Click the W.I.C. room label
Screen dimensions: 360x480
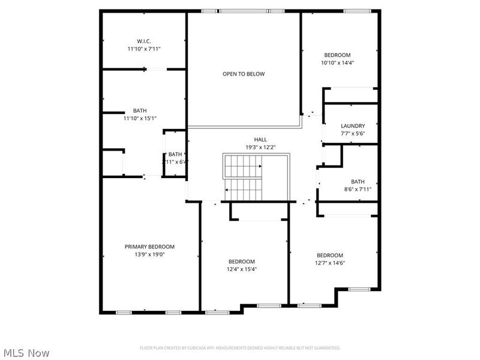[143, 41]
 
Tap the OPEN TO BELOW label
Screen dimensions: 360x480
[244, 74]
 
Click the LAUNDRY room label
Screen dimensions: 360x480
[353, 126]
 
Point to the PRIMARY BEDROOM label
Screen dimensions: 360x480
[149, 247]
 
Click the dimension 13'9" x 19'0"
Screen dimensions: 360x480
[149, 254]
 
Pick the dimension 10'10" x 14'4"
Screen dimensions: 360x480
[337, 62]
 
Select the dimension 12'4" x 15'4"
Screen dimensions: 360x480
[242, 269]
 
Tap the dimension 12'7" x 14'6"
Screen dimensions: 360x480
[330, 263]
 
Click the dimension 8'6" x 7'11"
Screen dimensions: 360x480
[358, 190]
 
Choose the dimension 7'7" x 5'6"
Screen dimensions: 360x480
[353, 133]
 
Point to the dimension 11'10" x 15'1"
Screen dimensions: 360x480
[140, 118]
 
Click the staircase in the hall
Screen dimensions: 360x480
[244, 177]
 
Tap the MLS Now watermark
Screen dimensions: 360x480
[26, 353]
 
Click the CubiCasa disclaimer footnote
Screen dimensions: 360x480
[240, 348]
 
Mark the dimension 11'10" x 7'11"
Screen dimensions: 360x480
[143, 49]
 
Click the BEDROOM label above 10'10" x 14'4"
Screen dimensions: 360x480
[337, 55]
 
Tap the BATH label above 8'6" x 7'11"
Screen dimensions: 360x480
[358, 182]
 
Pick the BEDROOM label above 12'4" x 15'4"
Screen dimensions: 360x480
[242, 262]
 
